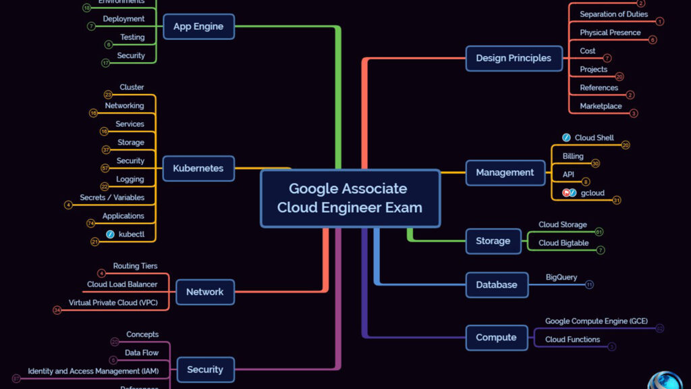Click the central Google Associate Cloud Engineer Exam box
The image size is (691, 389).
coord(350,198)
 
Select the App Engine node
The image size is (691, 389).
coord(198,27)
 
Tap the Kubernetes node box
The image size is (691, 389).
coord(198,168)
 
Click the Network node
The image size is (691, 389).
coord(205,292)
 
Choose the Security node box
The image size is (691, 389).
coord(205,369)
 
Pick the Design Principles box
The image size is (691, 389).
coord(514,58)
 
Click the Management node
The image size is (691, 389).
coord(505,172)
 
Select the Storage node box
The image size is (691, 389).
coord(493,241)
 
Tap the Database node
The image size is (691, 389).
coord(497,285)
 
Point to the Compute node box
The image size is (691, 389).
coord(496,338)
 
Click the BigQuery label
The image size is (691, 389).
coord(561,277)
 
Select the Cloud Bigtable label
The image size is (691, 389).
coord(563,243)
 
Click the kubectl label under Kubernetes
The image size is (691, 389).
coord(132,234)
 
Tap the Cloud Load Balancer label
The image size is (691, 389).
coord(122,284)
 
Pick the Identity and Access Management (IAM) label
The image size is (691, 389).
coord(93,371)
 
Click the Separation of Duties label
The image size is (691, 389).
coord(613,14)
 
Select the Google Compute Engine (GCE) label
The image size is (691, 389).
coord(596,321)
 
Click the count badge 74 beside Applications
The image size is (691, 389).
coord(90,223)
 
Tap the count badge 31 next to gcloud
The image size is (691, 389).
coord(616,200)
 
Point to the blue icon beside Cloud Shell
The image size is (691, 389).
coord(566,138)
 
